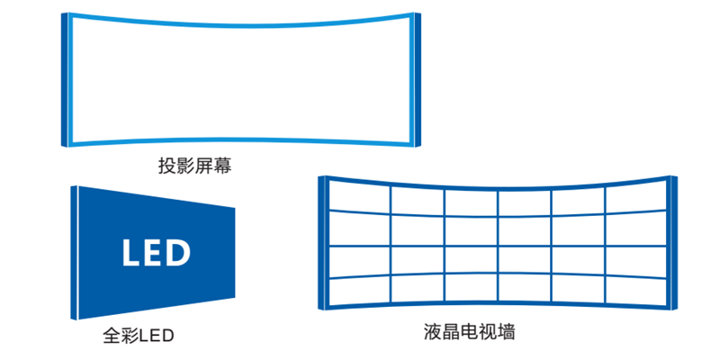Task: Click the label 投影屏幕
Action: tap(188, 167)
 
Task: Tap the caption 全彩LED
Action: tap(138, 337)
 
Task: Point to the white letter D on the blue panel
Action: tap(178, 253)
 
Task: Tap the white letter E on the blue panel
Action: tap(155, 253)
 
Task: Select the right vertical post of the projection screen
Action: tap(417, 79)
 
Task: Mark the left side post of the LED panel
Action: tap(74, 252)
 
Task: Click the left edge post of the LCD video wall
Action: tap(322, 243)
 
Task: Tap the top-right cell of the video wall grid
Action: tap(634, 198)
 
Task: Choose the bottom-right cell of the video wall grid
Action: tap(634, 288)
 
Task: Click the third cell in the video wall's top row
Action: tap(471, 202)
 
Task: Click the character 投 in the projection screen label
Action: tap(166, 167)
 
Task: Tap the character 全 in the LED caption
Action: tap(112, 337)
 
